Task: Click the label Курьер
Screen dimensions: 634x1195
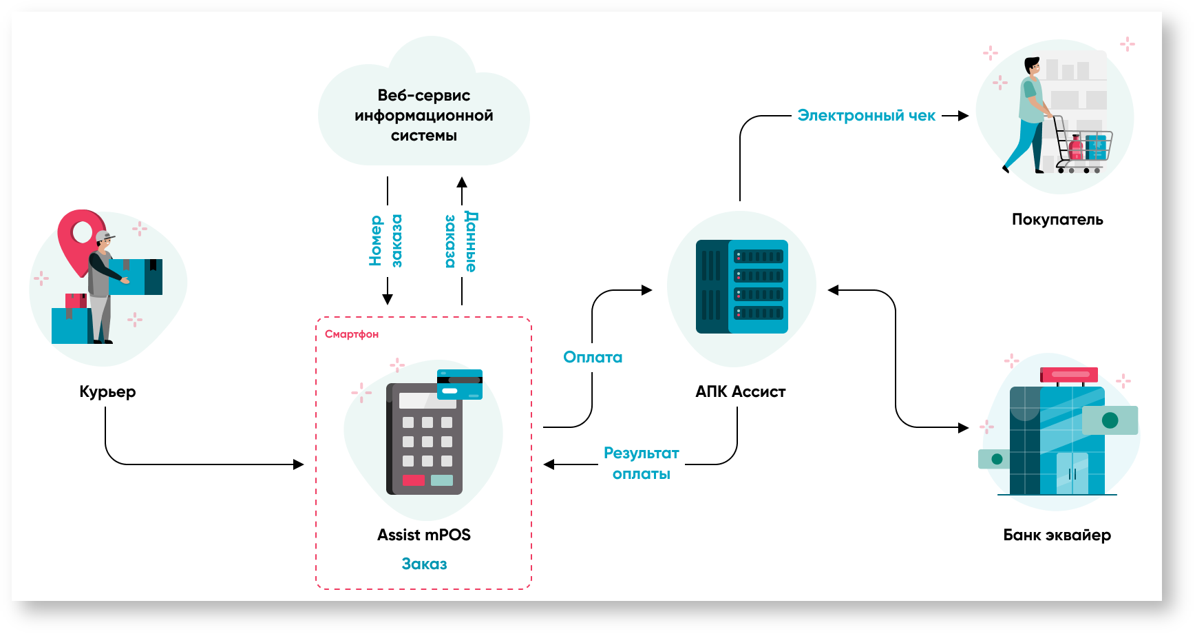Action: click(107, 391)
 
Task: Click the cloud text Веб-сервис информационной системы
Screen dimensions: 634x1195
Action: click(424, 115)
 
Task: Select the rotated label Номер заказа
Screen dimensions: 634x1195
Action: click(385, 241)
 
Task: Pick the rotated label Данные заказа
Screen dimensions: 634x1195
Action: click(461, 241)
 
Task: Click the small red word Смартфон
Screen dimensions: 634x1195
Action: click(351, 334)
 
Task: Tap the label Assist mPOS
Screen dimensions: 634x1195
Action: click(424, 535)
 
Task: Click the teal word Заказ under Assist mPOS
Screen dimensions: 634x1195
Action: click(424, 564)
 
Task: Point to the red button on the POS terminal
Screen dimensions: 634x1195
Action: click(413, 480)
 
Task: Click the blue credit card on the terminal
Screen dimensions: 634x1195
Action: click(460, 385)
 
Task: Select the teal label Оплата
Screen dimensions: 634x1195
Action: click(593, 357)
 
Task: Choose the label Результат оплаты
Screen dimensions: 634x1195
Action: click(642, 463)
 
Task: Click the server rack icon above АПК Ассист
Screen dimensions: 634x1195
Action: click(742, 287)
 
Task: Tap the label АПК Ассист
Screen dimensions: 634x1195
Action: click(741, 391)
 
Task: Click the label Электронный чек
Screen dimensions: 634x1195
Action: click(866, 116)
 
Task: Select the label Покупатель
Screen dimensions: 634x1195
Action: click(1057, 219)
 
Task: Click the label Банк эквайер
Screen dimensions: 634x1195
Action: click(1057, 535)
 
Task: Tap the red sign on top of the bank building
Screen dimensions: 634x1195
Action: click(1069, 375)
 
